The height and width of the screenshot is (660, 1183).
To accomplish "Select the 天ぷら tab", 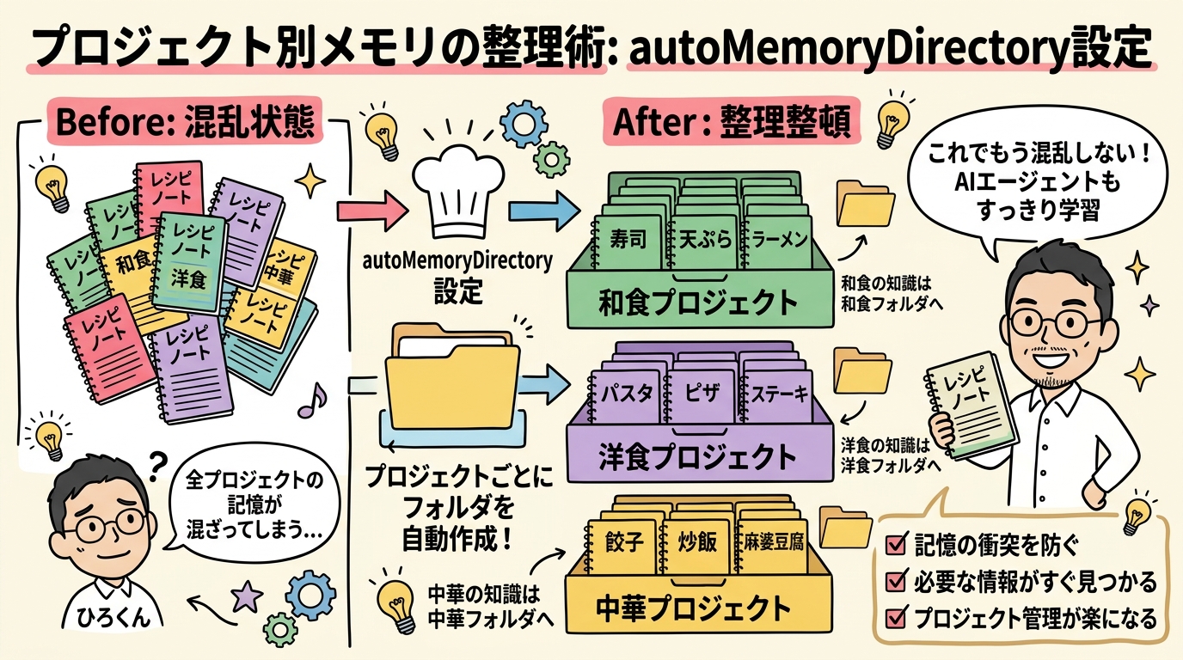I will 703,238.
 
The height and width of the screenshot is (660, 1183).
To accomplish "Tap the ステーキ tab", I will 778,394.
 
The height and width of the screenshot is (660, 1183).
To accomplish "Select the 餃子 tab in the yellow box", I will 625,545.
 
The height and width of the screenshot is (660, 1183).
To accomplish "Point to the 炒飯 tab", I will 699,545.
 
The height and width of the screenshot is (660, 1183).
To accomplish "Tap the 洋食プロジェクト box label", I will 698,455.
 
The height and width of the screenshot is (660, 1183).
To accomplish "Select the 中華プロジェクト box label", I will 694,608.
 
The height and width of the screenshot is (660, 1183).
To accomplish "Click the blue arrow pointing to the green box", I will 541,209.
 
